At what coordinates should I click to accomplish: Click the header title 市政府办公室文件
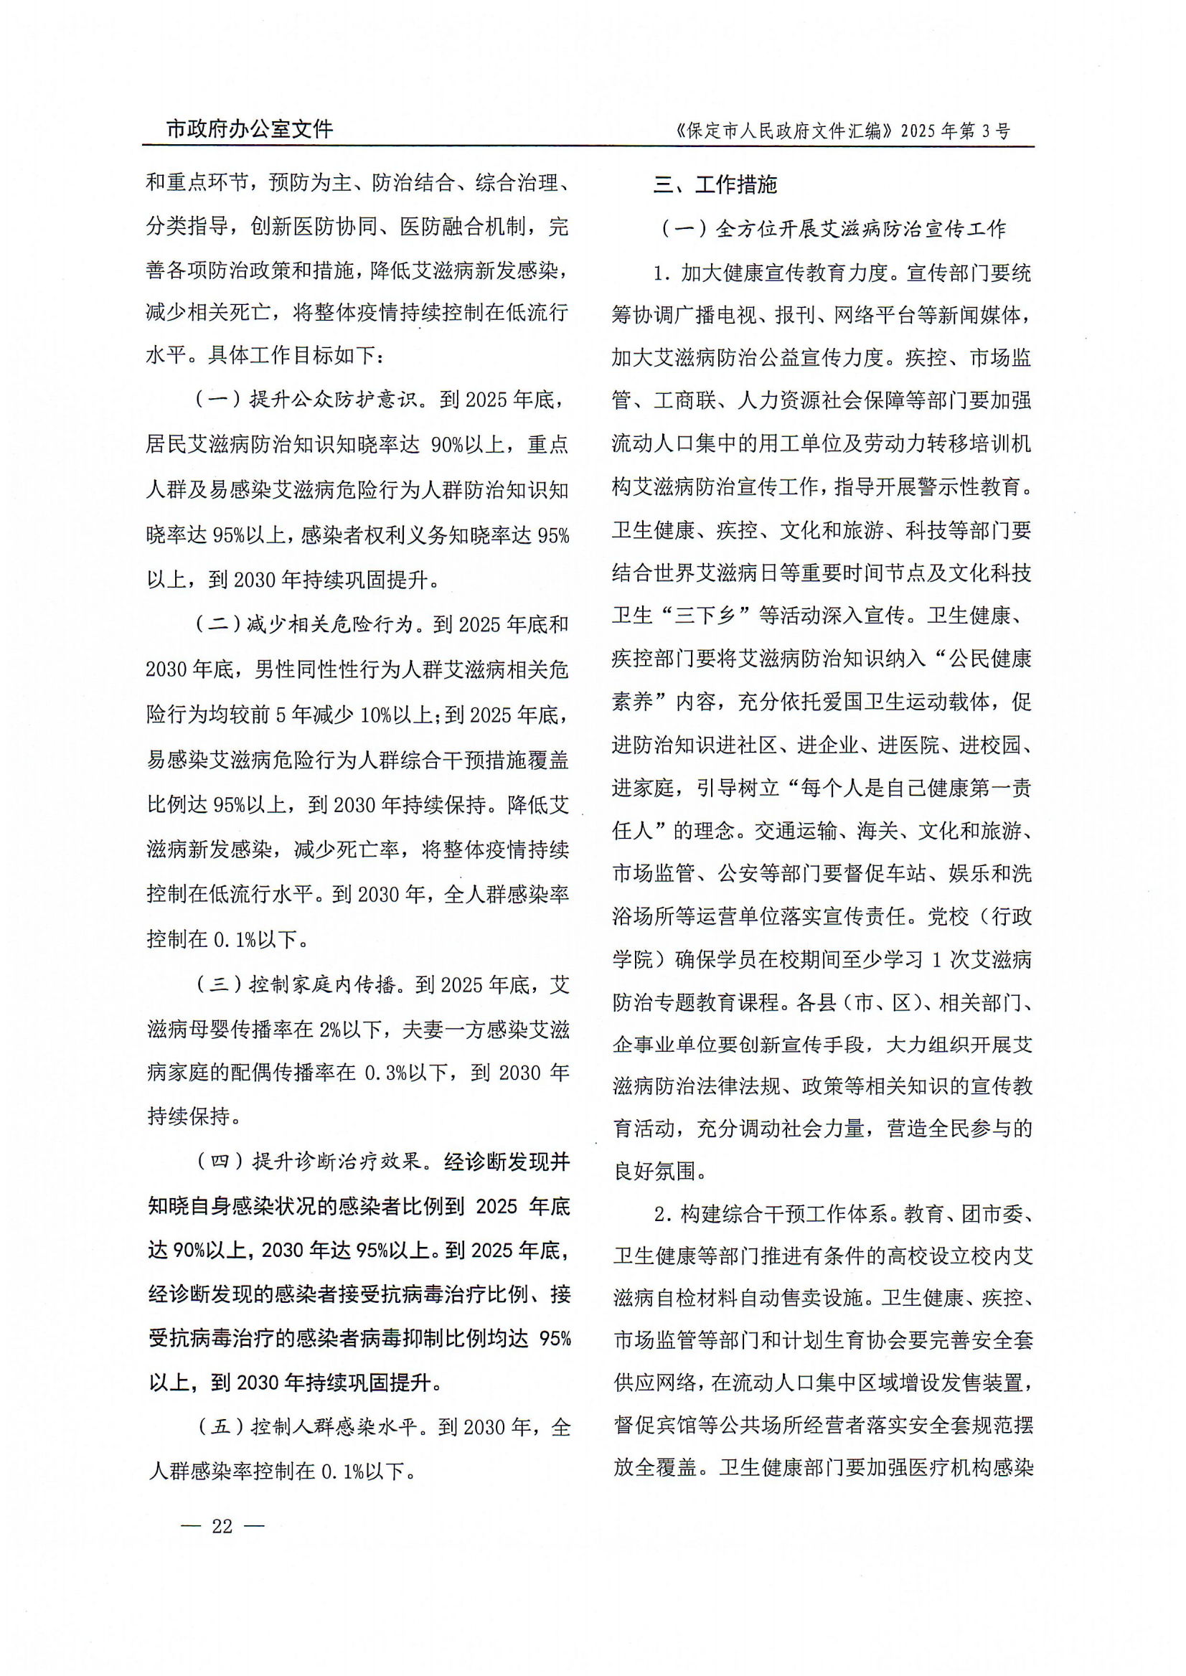[x=250, y=129]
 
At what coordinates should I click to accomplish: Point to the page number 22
[x=222, y=1525]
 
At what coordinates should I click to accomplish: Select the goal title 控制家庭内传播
[x=322, y=984]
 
